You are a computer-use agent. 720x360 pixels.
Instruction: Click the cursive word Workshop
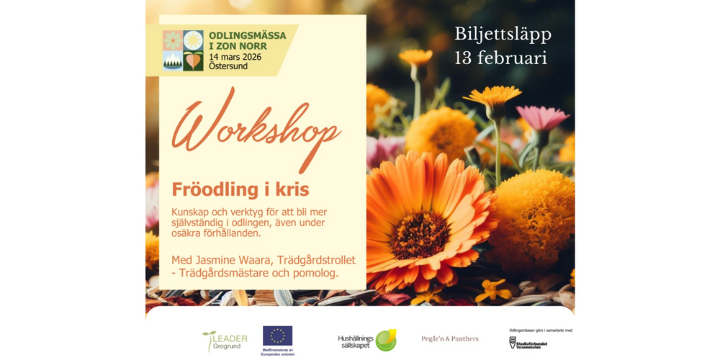click(x=256, y=133)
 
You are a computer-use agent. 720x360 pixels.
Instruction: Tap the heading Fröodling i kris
click(x=240, y=189)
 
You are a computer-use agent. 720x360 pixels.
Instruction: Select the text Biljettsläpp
click(x=503, y=34)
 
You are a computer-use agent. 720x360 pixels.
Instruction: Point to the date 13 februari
click(x=500, y=58)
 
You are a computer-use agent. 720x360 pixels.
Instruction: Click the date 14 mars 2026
click(x=235, y=56)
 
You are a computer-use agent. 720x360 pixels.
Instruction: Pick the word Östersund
click(x=228, y=66)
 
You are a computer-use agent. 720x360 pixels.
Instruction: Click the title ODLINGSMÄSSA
click(x=247, y=35)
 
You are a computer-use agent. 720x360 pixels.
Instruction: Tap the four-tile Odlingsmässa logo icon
click(x=183, y=50)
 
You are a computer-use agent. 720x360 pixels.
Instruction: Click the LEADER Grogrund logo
click(x=225, y=341)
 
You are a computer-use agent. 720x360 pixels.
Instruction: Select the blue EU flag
click(x=277, y=336)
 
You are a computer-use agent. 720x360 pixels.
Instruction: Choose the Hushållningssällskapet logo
click(x=367, y=340)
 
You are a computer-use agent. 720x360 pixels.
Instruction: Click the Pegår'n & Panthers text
click(x=450, y=338)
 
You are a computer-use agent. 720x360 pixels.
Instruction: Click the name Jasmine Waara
click(x=230, y=260)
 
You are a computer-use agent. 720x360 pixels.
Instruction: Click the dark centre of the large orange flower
click(x=420, y=235)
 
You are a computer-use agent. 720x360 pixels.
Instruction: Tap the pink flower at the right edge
click(x=543, y=117)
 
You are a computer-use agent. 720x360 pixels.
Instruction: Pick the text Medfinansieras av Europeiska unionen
click(x=277, y=353)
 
